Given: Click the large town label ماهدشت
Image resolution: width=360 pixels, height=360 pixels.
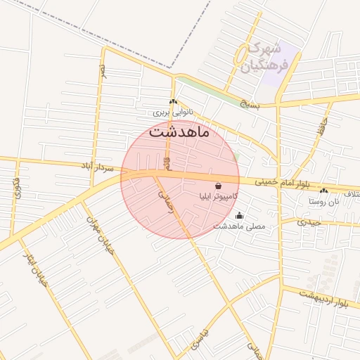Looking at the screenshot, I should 179,132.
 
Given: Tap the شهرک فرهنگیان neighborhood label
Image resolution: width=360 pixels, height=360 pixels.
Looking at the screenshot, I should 265,58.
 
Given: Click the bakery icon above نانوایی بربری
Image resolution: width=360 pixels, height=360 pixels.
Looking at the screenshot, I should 172,101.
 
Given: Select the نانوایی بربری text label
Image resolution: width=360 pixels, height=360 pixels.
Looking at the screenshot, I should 172,112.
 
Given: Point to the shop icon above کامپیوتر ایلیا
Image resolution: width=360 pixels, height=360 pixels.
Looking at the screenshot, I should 218,185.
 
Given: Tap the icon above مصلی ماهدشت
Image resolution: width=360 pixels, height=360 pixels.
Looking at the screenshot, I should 240,216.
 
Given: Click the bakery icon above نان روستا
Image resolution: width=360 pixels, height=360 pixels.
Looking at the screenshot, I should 323,191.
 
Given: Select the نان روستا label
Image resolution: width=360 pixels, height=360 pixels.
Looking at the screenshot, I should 323,201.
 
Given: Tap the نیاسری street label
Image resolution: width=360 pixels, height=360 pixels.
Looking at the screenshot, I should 200,339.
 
